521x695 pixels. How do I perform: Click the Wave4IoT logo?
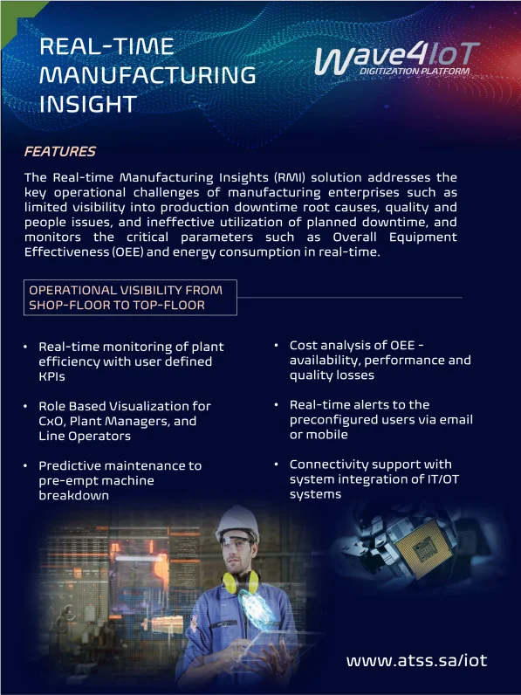[x=397, y=58]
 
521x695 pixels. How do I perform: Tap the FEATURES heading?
[x=60, y=152]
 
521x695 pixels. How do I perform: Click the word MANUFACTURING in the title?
[x=147, y=75]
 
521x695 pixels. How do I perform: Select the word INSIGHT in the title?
[x=88, y=104]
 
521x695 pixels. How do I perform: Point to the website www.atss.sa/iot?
[x=416, y=660]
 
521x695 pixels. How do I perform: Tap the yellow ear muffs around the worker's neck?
[x=241, y=581]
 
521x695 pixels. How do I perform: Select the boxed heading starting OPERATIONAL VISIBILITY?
[x=130, y=298]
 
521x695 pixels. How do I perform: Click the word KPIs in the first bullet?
[x=51, y=377]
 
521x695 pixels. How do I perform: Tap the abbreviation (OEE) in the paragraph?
[x=127, y=252]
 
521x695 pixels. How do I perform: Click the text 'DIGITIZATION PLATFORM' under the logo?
[x=415, y=71]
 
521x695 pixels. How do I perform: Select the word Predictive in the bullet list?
[x=70, y=466]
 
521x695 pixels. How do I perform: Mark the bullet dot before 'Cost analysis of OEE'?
[x=276, y=345]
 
